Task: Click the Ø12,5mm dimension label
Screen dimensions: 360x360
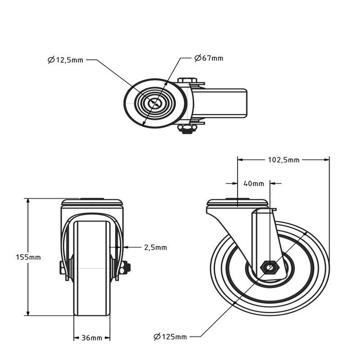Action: point(65,60)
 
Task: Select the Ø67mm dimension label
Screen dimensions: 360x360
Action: point(209,58)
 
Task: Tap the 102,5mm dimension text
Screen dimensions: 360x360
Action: point(284,160)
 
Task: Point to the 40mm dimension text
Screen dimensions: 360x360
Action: point(254,183)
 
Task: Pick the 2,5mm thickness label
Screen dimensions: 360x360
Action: point(155,247)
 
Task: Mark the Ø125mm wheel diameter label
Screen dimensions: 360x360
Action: point(170,337)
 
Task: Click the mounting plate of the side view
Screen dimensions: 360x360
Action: point(238,202)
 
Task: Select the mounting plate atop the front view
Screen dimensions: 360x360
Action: point(93,202)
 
